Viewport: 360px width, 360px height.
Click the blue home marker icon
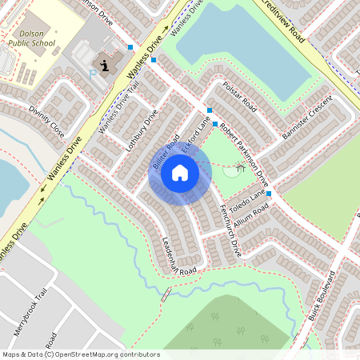pos(180,173)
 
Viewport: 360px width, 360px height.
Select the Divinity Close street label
pos(46,118)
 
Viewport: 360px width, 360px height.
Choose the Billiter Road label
pos(165,151)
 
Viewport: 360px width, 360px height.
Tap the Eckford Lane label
pos(197,135)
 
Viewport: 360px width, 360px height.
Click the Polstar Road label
pos(239,95)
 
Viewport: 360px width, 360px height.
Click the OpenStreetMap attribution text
pos(80,354)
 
